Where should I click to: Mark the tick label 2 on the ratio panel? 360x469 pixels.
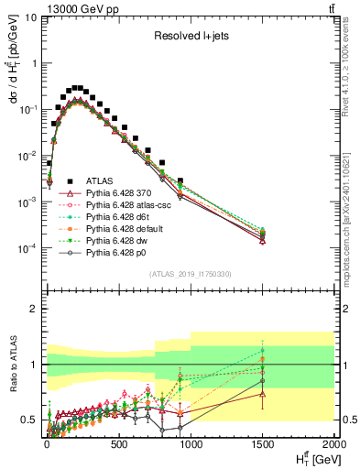(34, 309)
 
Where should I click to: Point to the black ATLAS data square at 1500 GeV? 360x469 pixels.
(263, 233)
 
